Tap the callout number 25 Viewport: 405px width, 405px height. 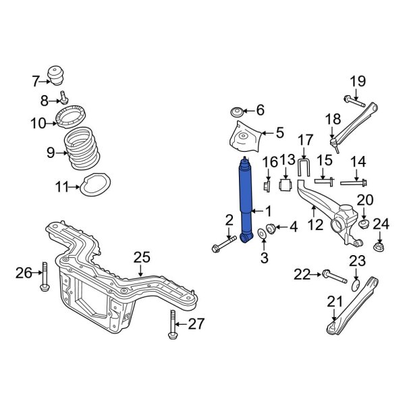[142, 257]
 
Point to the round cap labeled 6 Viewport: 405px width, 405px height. [238, 110]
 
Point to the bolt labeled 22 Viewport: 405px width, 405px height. [335, 276]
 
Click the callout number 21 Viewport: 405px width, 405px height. [335, 302]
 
